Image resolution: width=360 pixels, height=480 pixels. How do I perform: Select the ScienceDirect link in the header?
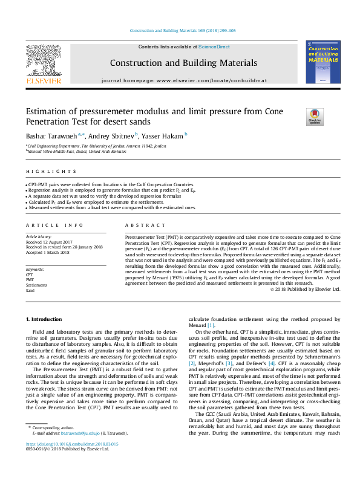(213, 47)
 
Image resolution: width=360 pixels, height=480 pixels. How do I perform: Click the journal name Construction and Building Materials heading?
(183, 63)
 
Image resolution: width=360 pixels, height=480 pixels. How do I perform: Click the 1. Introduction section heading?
(45, 319)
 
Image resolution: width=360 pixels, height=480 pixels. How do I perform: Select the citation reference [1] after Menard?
(211, 325)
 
